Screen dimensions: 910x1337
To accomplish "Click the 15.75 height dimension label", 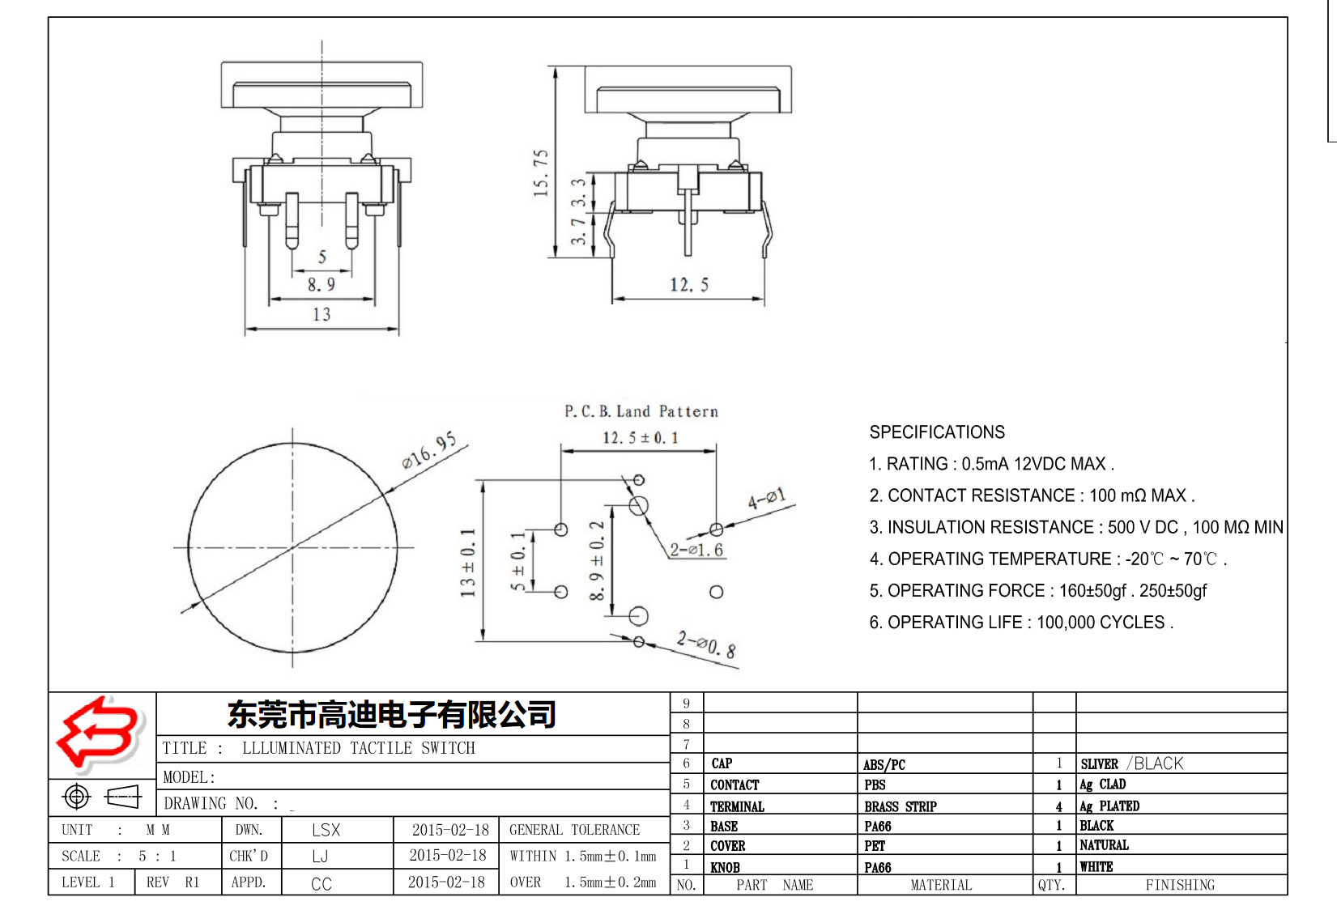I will (541, 172).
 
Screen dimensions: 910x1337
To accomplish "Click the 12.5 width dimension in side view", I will (688, 285).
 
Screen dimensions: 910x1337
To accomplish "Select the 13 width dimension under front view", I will (321, 314).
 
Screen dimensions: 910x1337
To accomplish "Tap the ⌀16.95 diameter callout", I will (429, 451).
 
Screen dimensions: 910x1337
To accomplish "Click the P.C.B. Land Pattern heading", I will (641, 411).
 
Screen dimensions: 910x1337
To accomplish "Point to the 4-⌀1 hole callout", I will (766, 499).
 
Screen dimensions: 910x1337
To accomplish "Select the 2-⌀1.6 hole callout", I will (696, 550).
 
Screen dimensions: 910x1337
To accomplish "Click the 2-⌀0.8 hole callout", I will (707, 645).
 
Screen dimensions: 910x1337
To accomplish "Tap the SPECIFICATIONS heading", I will (937, 432).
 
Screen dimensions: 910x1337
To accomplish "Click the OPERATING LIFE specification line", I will (1021, 623).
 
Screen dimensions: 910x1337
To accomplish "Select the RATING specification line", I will (991, 464).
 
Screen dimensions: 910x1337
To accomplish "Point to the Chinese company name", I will (392, 714).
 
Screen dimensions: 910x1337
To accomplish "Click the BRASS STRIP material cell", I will (900, 806).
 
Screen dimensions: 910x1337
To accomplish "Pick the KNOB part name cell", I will (725, 867).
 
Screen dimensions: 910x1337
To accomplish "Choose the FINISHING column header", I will (1180, 885).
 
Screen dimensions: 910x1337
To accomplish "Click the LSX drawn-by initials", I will (326, 830).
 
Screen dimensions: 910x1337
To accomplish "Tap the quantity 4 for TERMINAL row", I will (1058, 806).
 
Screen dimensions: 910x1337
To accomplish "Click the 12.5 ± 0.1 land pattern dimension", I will (640, 438).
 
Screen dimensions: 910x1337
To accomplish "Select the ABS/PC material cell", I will (884, 764).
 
